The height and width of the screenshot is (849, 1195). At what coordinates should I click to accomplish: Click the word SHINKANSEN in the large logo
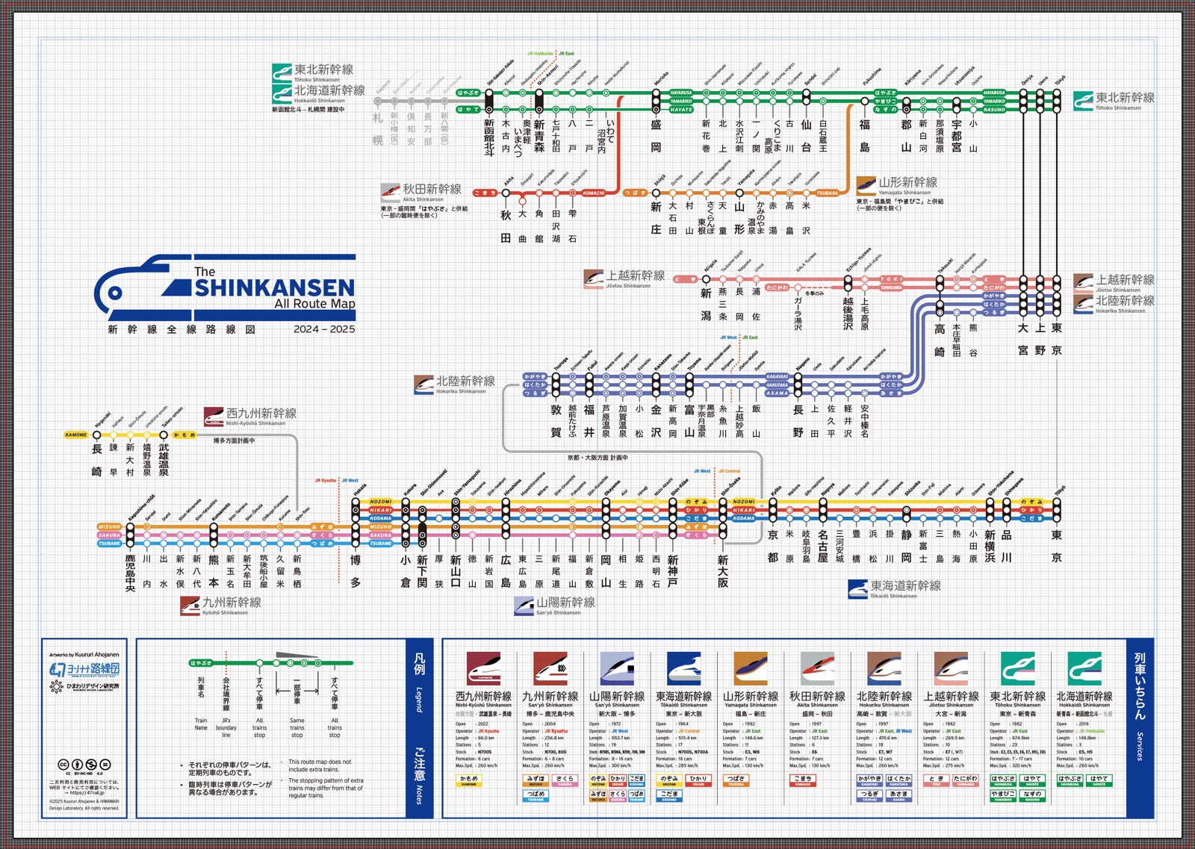pos(275,288)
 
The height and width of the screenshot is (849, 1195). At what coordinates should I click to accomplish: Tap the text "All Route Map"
pos(314,304)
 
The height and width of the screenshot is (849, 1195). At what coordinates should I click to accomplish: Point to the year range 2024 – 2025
pos(324,329)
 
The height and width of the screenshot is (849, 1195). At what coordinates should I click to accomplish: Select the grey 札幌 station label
pos(378,129)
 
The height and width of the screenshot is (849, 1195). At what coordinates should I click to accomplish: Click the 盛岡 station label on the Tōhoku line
pos(656,136)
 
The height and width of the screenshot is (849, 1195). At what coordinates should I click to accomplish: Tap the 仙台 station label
pos(807,136)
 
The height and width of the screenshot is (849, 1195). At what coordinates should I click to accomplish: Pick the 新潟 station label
pos(706,305)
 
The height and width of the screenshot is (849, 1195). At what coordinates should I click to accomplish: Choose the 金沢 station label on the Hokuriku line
pos(656,420)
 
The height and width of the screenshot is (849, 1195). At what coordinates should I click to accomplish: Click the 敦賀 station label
pos(556,420)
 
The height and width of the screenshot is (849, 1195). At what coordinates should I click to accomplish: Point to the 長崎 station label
pos(96,460)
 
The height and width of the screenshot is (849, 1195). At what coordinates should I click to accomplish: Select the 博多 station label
pos(356,570)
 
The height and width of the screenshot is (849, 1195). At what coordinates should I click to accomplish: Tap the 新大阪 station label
pos(723,571)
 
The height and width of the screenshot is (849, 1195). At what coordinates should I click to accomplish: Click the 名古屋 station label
pos(822,547)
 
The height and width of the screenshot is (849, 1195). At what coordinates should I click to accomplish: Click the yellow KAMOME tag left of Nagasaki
pos(76,435)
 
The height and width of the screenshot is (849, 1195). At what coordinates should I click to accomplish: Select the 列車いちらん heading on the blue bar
pos(1140,685)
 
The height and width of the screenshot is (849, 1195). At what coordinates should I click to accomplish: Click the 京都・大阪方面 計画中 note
pos(597,458)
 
